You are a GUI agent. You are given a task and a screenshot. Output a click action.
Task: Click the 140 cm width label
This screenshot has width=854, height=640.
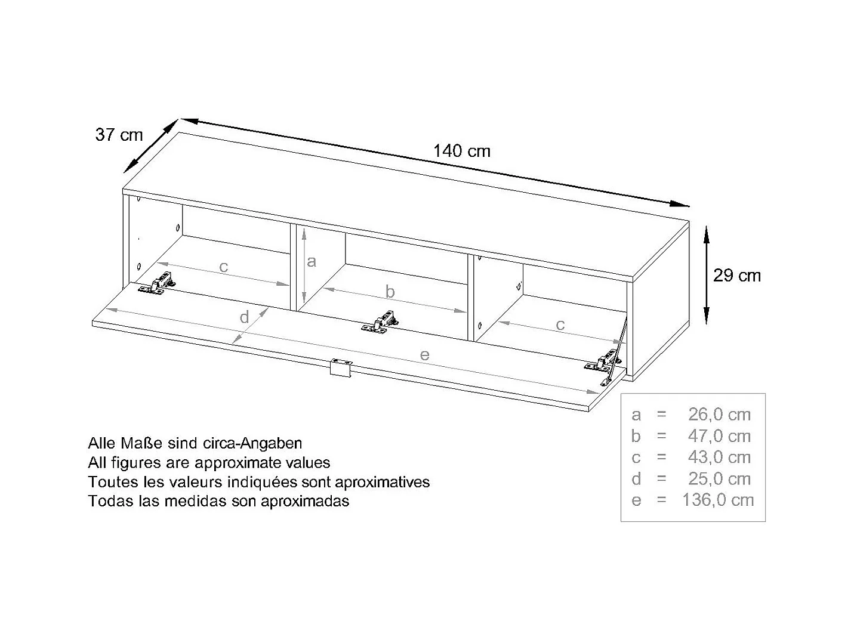pos(461,151)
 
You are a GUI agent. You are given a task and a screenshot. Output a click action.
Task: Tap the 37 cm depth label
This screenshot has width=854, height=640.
pos(119,135)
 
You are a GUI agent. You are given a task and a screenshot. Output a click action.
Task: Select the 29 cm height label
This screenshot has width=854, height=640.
pos(737,276)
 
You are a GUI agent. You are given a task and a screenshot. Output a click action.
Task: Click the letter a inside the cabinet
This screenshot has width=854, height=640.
pos(311,262)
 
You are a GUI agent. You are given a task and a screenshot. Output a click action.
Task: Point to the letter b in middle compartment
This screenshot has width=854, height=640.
pos(390,292)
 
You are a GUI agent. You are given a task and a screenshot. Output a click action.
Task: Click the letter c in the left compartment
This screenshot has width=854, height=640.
pos(224,267)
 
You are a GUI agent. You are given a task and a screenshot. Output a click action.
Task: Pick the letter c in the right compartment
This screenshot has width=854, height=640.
pos(560,324)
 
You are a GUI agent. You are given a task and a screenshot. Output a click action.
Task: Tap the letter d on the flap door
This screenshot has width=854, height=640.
pos(244,317)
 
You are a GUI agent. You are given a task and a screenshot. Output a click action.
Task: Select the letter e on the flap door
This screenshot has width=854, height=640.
pos(424,355)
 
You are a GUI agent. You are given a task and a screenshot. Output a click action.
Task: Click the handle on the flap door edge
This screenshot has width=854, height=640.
pos(341,366)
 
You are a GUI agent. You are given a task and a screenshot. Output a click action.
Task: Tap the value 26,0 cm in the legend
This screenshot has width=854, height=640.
pos(719,415)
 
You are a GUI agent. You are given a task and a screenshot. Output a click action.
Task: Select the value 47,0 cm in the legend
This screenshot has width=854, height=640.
pos(719,436)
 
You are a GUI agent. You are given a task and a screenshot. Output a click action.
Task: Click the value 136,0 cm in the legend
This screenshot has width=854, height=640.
pos(718,500)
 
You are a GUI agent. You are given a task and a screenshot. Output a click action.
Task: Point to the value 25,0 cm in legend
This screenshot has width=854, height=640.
pos(719,478)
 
